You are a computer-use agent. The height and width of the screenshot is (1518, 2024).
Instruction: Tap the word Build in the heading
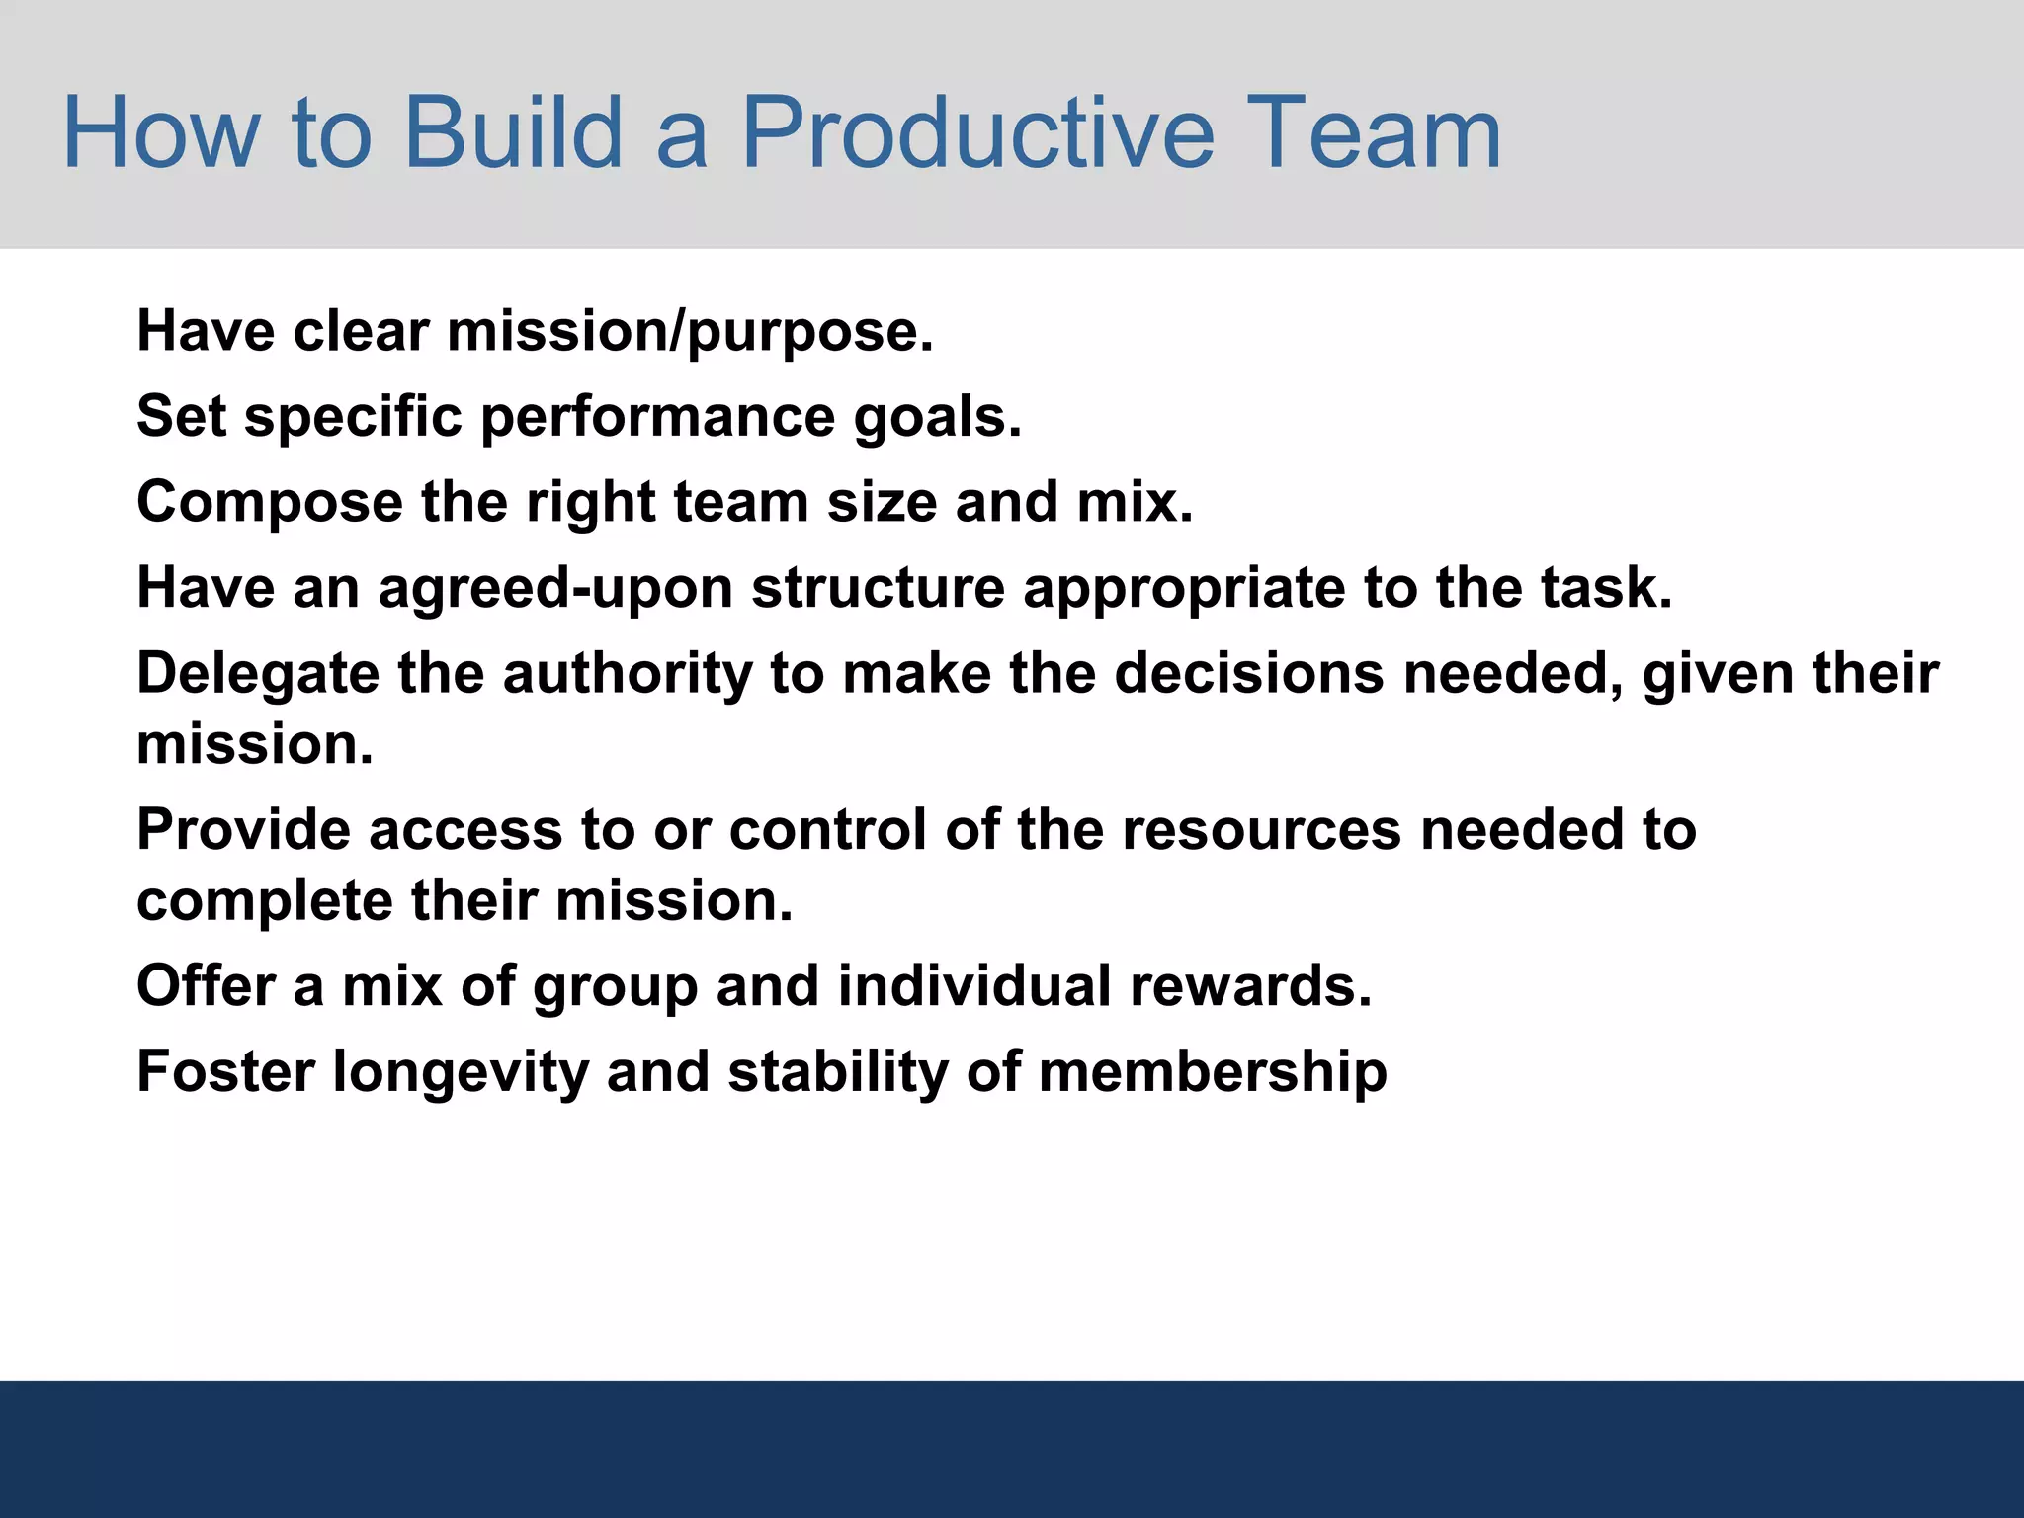513,132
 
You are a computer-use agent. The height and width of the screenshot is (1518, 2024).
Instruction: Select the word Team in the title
1378,132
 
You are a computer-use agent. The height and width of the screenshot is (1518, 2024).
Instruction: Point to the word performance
657,417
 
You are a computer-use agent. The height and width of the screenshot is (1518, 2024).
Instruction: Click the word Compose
269,503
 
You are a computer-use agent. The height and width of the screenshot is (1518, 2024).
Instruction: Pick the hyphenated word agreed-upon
555,589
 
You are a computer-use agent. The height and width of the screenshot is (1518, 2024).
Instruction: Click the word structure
878,588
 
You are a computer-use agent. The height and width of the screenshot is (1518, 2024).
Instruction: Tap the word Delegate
257,675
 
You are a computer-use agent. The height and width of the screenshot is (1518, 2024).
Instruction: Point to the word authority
627,675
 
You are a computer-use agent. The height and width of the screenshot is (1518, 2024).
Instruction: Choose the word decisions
1249,674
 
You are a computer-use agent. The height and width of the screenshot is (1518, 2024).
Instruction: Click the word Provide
243,829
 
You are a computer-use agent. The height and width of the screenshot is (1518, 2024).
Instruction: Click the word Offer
206,986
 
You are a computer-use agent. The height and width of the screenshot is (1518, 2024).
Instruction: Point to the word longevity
461,1073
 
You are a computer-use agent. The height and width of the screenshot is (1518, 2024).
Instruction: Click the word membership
1213,1072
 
